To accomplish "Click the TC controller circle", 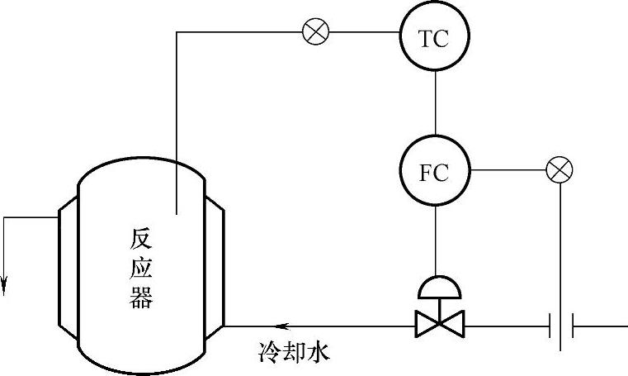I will (x=434, y=38).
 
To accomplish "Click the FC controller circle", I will (x=434, y=172).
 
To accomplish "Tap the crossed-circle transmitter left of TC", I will (x=315, y=32).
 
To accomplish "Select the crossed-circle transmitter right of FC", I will (x=560, y=171).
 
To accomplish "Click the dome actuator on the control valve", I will (x=438, y=286).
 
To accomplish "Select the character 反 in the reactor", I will (x=141, y=240).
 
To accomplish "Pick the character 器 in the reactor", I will (x=141, y=297).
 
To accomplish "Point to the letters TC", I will (x=434, y=39).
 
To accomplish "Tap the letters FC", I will (x=434, y=173).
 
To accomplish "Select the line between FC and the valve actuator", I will (x=435, y=240).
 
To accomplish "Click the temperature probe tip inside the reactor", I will (x=177, y=207).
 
